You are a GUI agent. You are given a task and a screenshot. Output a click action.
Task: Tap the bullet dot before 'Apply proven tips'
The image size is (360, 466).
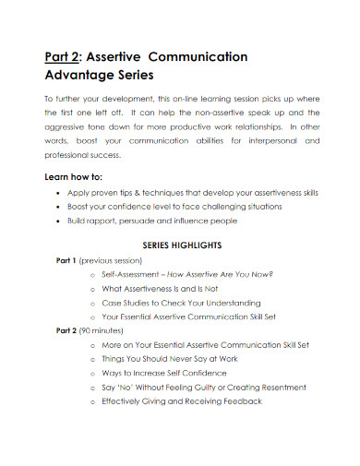point(59,193)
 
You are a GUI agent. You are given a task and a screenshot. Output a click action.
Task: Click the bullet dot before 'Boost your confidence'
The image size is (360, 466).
point(59,208)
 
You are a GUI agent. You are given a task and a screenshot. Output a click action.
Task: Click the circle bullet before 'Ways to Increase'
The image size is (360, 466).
point(93,372)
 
